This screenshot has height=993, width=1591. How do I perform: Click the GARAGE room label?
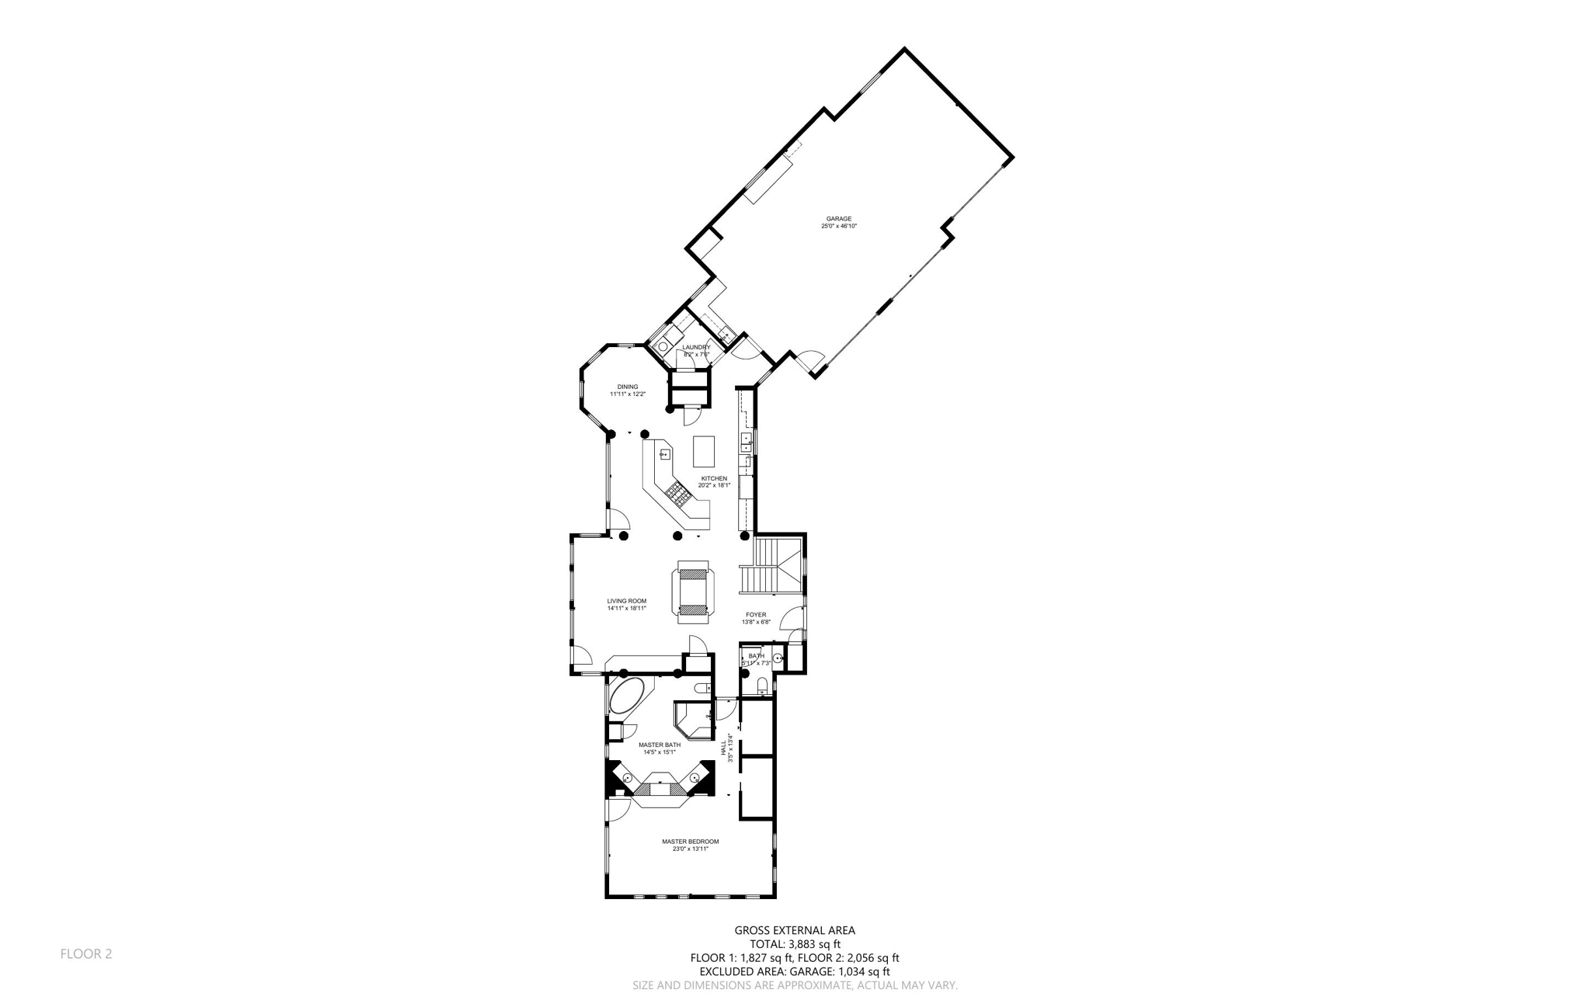[x=838, y=219]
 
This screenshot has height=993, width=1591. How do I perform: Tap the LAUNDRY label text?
[x=696, y=347]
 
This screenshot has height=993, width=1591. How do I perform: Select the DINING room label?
[x=628, y=387]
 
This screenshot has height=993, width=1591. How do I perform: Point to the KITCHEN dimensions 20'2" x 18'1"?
[x=714, y=485]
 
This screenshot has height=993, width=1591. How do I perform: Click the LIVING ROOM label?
[x=626, y=601]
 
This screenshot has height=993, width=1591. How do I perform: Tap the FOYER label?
[x=756, y=615]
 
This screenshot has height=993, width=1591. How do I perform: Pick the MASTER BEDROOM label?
[x=690, y=842]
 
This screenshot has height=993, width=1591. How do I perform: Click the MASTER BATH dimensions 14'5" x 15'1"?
[x=660, y=752]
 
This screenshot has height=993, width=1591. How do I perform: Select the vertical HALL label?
[x=723, y=748]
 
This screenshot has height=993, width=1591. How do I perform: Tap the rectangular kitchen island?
[x=703, y=451]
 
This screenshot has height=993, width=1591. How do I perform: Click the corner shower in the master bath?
[x=693, y=720]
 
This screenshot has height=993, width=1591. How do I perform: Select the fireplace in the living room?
[x=693, y=592]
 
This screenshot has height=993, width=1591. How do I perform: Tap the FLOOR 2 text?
[x=86, y=953]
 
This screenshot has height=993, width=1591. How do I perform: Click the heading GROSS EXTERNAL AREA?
[x=795, y=930]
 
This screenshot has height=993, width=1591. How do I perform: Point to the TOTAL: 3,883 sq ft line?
[x=795, y=944]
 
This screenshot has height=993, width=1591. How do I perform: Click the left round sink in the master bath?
[x=628, y=777]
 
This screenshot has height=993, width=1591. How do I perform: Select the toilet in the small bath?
[x=762, y=685]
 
